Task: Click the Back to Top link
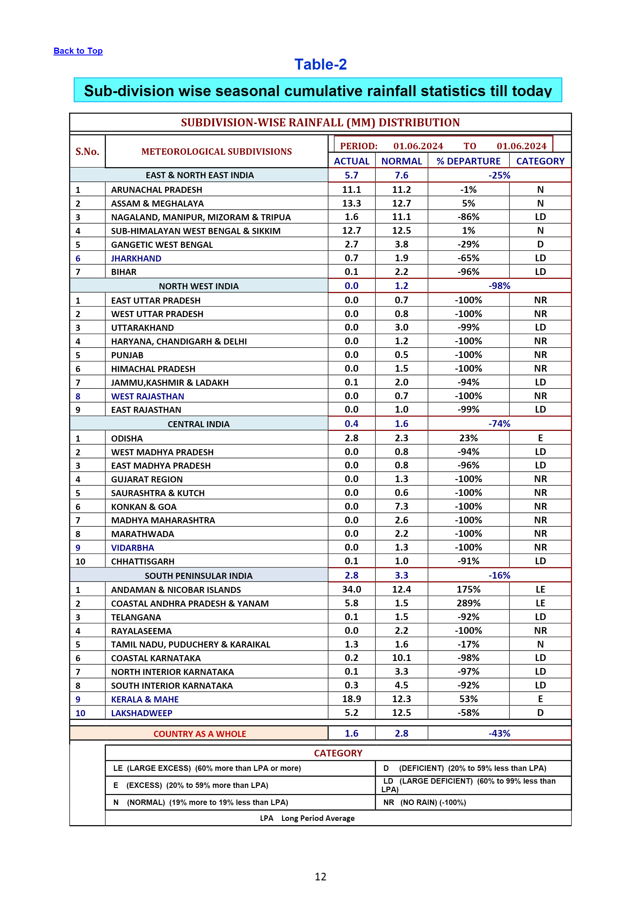pyautogui.click(x=78, y=51)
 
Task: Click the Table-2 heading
pyautogui.click(x=320, y=64)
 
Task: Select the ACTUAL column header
pyautogui.click(x=351, y=161)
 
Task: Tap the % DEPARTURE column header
pyautogui.click(x=468, y=161)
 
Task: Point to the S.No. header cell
pyautogui.click(x=87, y=152)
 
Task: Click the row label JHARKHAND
pyautogui.click(x=136, y=258)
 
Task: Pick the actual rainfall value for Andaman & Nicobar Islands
pyautogui.click(x=351, y=589)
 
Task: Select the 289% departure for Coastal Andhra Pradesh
pyautogui.click(x=469, y=603)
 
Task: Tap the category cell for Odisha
pyautogui.click(x=540, y=438)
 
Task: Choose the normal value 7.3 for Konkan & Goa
pyautogui.click(x=401, y=506)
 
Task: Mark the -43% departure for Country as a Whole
pyautogui.click(x=499, y=733)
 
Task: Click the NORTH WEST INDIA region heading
pyautogui.click(x=198, y=286)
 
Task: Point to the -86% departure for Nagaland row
pyautogui.click(x=469, y=217)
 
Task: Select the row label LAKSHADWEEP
pyautogui.click(x=142, y=713)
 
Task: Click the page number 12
pyautogui.click(x=320, y=876)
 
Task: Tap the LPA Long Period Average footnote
pyautogui.click(x=307, y=818)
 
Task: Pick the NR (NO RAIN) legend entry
pyautogui.click(x=425, y=802)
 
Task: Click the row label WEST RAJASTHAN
pyautogui.click(x=148, y=396)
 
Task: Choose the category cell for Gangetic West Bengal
pyautogui.click(x=540, y=244)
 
